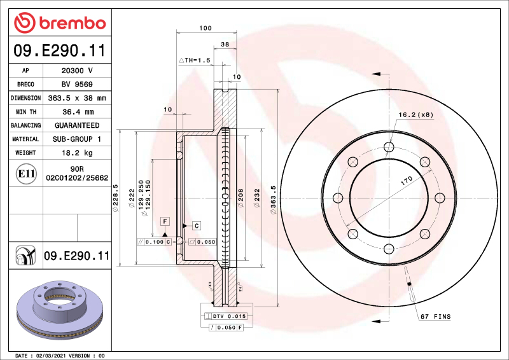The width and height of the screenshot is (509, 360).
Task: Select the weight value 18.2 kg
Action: (77, 153)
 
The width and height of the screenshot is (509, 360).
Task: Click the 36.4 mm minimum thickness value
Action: (77, 112)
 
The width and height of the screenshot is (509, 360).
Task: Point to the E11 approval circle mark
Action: (26, 174)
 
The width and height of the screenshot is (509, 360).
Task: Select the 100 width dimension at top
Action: (205, 28)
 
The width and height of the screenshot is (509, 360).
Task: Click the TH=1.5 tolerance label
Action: (194, 60)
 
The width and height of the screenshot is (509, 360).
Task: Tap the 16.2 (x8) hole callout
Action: (415, 114)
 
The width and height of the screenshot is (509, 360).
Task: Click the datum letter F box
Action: (165, 221)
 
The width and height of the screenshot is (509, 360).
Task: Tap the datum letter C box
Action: (197, 226)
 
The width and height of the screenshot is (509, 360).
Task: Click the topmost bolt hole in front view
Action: (389, 148)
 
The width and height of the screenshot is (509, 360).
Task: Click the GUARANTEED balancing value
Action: (77, 125)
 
